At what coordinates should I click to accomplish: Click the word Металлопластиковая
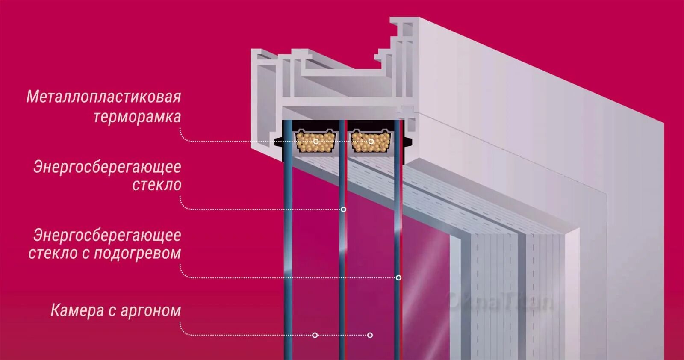(x=103, y=97)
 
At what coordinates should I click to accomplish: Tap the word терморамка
(x=137, y=117)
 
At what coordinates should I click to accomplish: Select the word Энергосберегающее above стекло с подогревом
(x=107, y=235)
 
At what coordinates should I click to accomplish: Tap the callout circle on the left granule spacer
(x=316, y=142)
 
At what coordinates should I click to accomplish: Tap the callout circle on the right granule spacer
(x=371, y=142)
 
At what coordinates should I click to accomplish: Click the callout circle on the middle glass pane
(x=343, y=210)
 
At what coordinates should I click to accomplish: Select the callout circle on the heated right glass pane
(x=398, y=278)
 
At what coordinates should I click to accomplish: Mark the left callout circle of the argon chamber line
(x=315, y=335)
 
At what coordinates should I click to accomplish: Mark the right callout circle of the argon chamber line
(x=370, y=335)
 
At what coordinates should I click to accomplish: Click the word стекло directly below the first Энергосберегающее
(x=156, y=185)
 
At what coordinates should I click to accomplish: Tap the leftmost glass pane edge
(x=288, y=257)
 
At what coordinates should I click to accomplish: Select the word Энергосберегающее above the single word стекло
(x=107, y=167)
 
